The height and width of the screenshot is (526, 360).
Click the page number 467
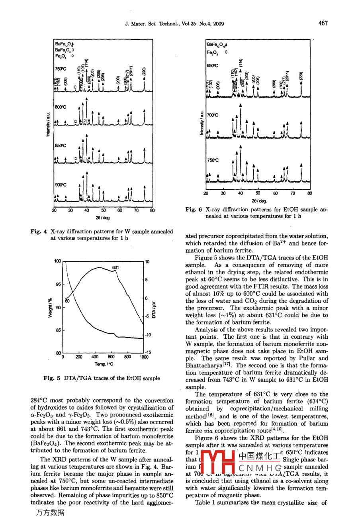(x=323, y=23)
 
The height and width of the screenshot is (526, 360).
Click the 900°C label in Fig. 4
(x=61, y=185)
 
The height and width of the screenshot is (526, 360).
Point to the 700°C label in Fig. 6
(x=213, y=115)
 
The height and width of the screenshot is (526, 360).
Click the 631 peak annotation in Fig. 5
(x=115, y=267)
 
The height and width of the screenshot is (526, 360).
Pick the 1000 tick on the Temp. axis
(x=144, y=357)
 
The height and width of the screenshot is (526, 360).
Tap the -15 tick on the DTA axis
(x=148, y=352)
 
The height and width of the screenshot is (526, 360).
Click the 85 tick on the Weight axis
(x=59, y=330)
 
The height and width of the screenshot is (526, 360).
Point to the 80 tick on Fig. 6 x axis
(x=310, y=193)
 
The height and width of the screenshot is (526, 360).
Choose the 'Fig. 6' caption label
(x=194, y=210)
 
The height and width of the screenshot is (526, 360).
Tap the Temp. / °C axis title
(x=104, y=364)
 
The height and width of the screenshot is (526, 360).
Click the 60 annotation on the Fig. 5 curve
(x=67, y=301)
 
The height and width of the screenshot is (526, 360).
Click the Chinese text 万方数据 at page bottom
(x=50, y=513)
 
